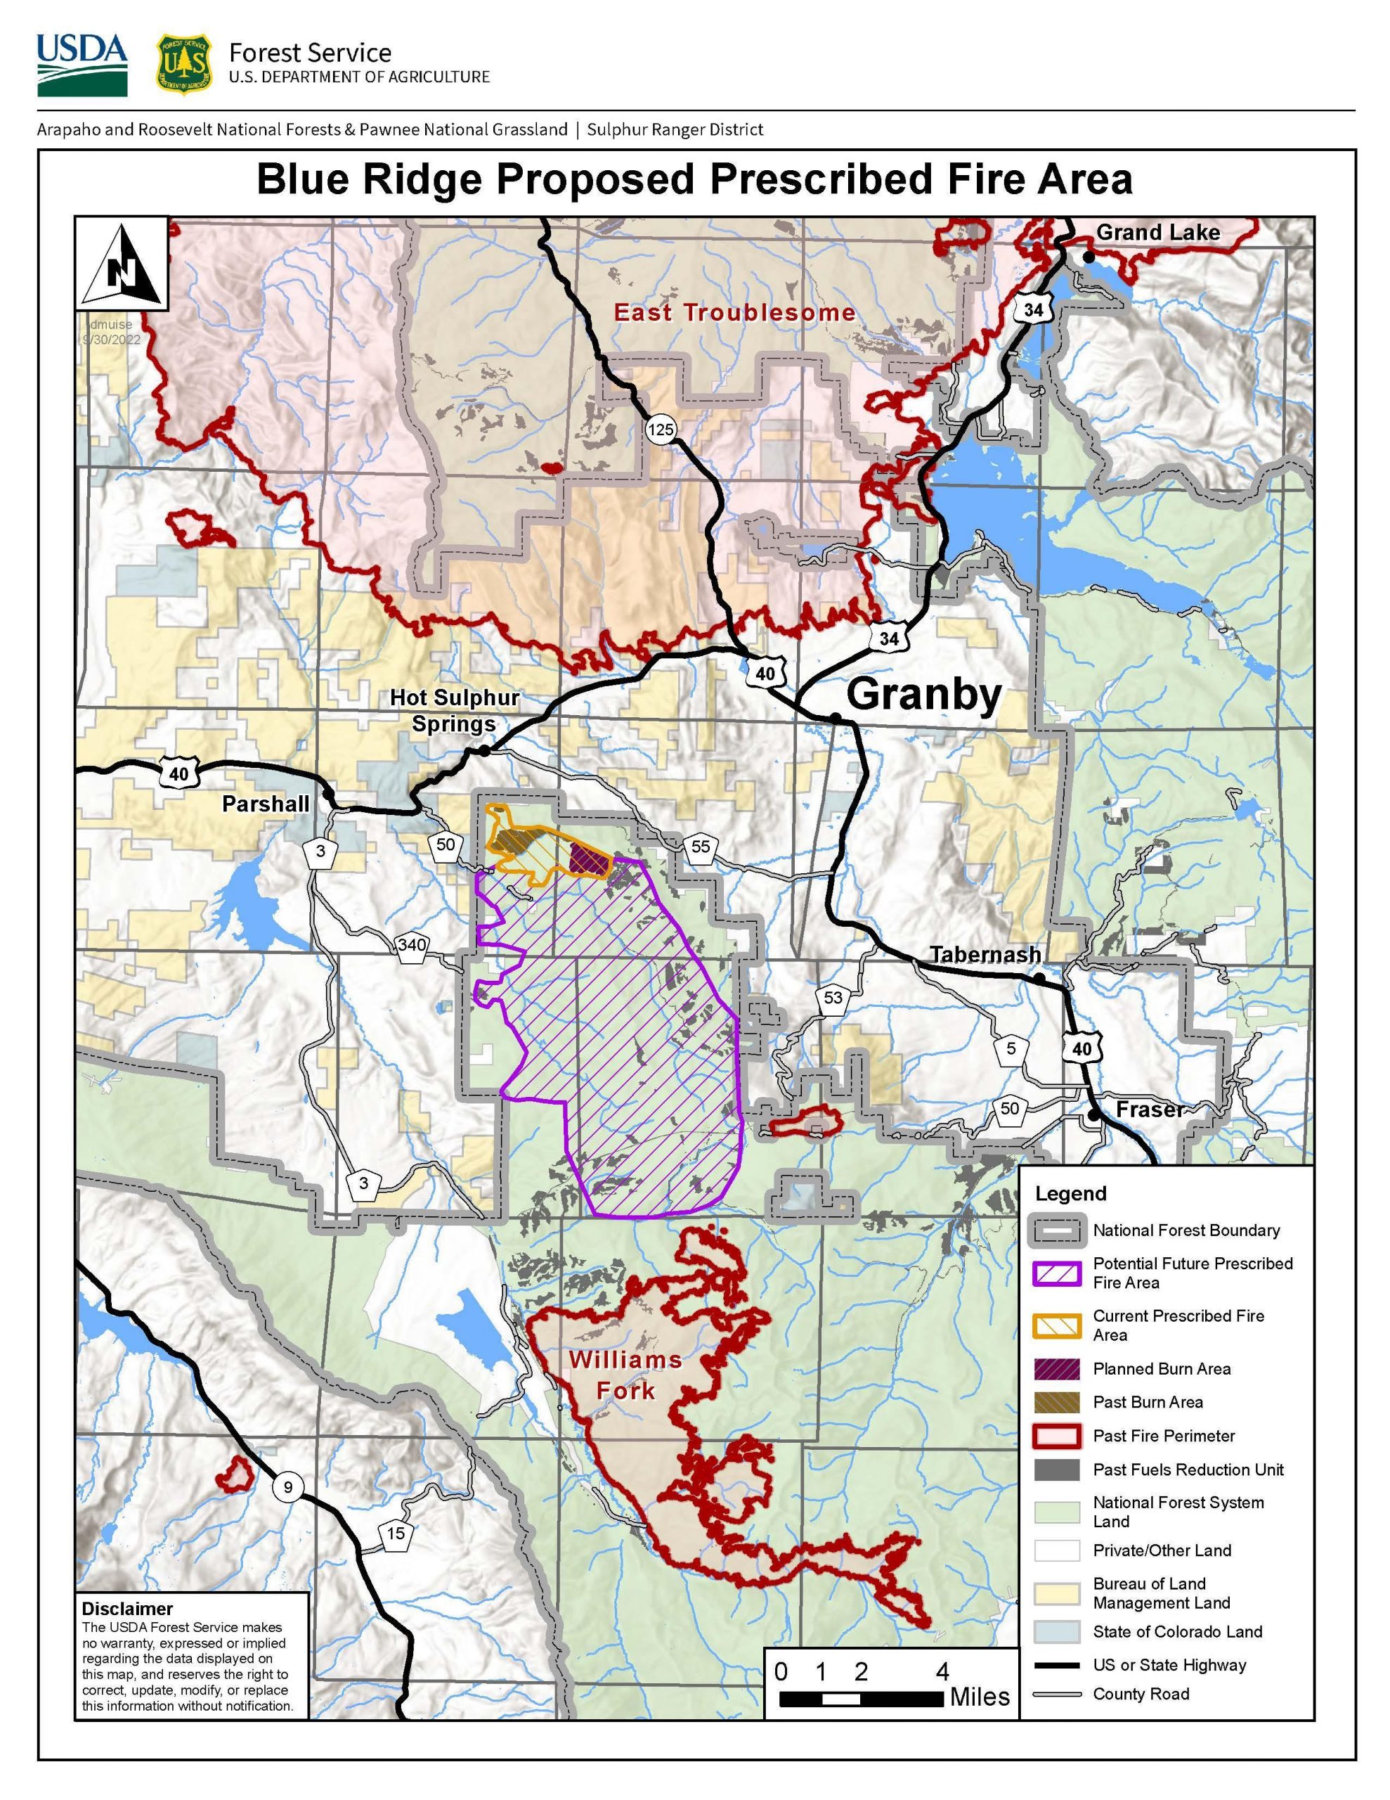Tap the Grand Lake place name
click(1157, 233)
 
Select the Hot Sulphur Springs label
click(454, 710)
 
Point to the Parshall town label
click(266, 804)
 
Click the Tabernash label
click(985, 954)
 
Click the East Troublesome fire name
click(734, 312)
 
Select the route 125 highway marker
click(660, 429)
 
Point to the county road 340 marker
click(411, 944)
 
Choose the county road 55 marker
click(701, 847)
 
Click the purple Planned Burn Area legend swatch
click(1056, 1369)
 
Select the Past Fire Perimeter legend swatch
click(1056, 1436)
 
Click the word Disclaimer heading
click(127, 1609)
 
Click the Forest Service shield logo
click(183, 63)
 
